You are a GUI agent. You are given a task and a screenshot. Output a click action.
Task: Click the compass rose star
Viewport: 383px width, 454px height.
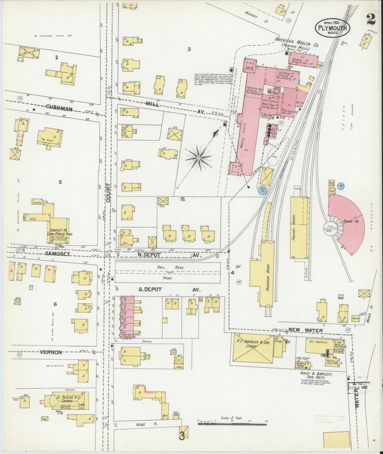click(199, 158)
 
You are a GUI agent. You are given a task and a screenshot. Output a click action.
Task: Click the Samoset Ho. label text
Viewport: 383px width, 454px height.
click(60, 232)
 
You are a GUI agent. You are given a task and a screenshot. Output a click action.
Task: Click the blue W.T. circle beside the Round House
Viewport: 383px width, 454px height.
click(341, 186)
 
